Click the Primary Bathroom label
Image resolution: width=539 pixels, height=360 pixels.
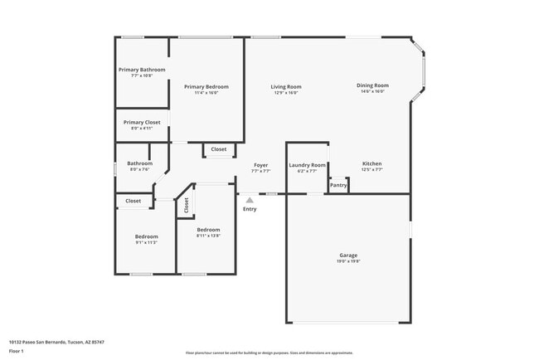(x=142, y=70)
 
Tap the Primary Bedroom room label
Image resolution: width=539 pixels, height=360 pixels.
(x=206, y=86)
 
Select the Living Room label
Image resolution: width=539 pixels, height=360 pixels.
(x=286, y=86)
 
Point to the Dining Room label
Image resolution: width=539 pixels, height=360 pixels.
(x=372, y=85)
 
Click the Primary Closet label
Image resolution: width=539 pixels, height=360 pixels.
(x=142, y=122)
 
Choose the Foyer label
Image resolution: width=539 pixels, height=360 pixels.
(x=261, y=165)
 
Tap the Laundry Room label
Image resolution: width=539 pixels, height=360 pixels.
(x=303, y=165)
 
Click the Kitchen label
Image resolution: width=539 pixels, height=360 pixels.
(x=372, y=164)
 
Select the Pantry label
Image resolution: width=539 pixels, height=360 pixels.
(x=338, y=185)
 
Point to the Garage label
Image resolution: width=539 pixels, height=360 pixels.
(x=348, y=255)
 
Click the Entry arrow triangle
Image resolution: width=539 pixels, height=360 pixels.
(x=250, y=200)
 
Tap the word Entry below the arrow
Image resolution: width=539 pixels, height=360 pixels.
(x=250, y=209)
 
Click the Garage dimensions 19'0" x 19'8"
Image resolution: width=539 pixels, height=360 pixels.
(x=348, y=260)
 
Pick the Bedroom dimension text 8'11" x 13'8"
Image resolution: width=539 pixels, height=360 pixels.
(x=208, y=236)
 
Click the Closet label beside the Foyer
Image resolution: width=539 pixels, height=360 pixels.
(x=218, y=149)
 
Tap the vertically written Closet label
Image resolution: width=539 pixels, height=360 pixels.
(x=187, y=205)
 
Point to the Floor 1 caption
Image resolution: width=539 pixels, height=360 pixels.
(x=17, y=351)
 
